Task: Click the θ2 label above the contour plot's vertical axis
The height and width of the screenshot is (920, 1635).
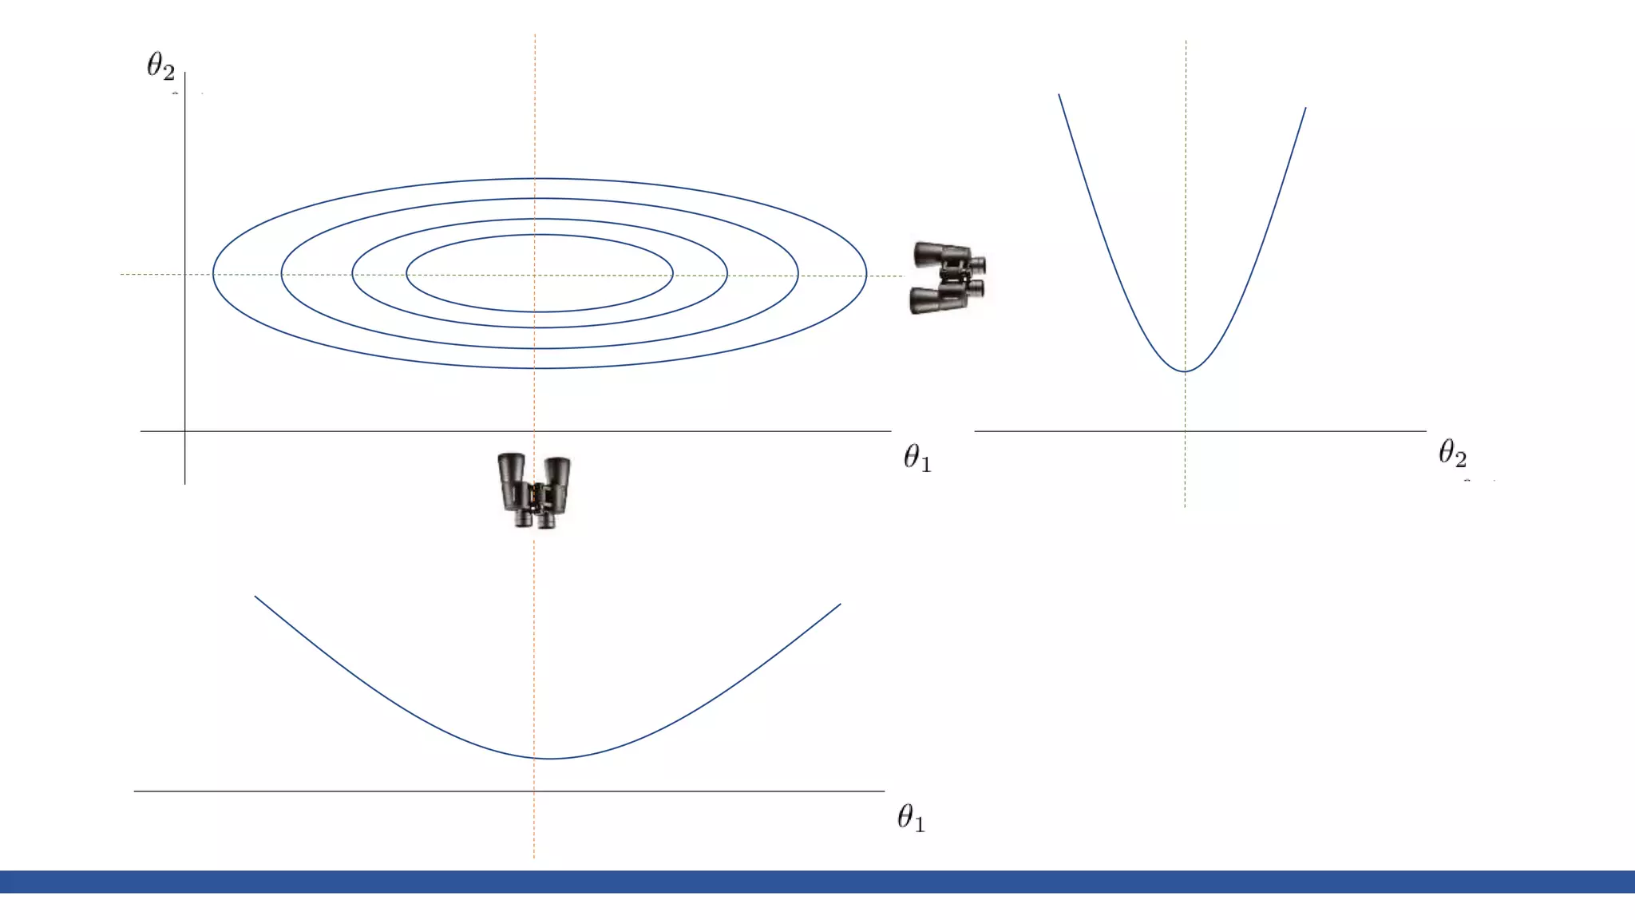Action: coord(160,66)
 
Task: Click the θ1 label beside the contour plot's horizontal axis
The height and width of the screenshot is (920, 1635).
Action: coord(917,458)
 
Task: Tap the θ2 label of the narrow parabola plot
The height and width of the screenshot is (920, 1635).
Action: coord(1452,453)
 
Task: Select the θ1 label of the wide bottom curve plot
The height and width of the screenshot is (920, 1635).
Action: coord(911,818)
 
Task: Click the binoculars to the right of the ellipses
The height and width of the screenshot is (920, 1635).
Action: coord(948,278)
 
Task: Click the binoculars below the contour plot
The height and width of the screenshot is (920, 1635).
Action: coord(534,490)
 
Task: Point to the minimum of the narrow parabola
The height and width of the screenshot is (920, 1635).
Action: coord(1186,371)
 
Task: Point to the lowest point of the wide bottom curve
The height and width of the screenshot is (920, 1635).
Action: coord(550,759)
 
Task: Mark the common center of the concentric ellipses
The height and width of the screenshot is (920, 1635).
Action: coord(539,274)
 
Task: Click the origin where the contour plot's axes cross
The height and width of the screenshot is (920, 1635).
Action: coord(185,431)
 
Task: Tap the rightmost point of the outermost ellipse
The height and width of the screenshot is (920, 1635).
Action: coord(866,274)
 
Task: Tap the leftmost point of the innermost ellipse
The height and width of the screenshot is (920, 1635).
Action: coord(406,274)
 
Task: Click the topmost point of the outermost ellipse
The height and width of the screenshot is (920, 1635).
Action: coord(539,178)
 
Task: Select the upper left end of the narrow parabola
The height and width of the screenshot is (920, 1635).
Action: coord(1059,95)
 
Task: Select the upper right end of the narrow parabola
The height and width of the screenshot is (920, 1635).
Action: coord(1305,109)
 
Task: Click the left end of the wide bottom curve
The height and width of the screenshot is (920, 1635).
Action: coord(255,597)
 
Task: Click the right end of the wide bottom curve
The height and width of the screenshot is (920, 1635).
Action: coord(840,605)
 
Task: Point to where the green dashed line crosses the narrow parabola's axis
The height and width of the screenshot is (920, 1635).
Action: coord(1186,431)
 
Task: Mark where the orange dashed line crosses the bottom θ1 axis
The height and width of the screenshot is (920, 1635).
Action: coord(534,791)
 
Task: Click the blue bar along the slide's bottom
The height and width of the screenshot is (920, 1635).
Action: coord(817,882)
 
